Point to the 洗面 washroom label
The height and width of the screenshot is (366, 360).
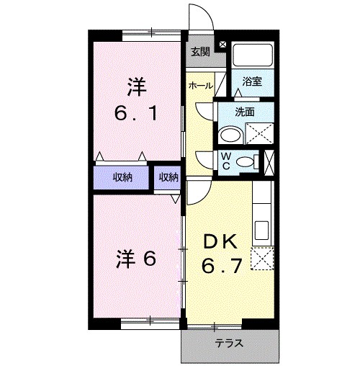[246, 112]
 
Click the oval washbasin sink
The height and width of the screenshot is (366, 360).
[231, 135]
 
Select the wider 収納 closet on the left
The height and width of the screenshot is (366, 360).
[122, 177]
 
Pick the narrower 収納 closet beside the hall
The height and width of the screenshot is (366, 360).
[168, 177]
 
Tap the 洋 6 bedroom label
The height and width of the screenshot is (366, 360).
[136, 259]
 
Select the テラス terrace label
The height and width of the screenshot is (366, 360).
[229, 343]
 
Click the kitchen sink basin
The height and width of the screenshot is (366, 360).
[261, 232]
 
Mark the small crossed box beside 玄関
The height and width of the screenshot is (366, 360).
[221, 45]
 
